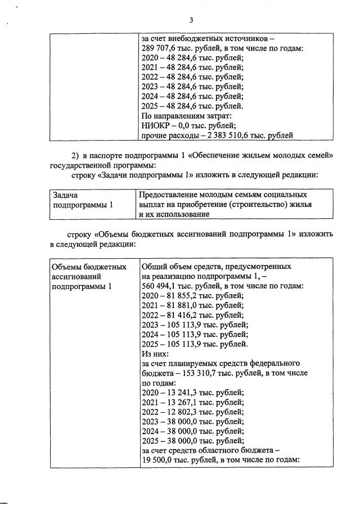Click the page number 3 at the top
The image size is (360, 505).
point(191,21)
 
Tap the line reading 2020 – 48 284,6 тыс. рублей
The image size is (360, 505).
point(192,58)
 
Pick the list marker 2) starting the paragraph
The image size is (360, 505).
point(76,155)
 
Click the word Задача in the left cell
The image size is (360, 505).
point(65,195)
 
